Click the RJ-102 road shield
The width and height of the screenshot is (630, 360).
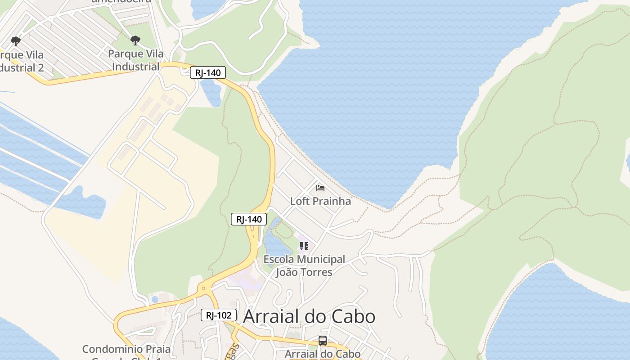tap(218, 315)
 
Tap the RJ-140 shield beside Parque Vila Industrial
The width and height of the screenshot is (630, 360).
tap(207, 72)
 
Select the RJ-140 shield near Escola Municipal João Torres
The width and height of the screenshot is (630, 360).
tap(249, 219)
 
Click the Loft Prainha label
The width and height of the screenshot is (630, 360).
tap(320, 201)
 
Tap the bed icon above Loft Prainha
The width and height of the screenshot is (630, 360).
tap(320, 188)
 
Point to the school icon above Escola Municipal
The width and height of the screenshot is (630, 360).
tap(304, 246)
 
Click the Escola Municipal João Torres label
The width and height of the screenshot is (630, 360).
tap(304, 265)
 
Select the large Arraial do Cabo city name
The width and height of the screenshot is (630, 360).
tap(309, 316)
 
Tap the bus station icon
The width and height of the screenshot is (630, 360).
tap(322, 341)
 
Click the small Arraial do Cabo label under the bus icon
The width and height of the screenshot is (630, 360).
tap(323, 354)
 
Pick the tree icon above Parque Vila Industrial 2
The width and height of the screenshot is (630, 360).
tap(16, 42)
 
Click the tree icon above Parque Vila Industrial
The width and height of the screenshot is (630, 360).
tap(135, 41)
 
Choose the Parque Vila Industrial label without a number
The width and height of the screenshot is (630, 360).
tap(135, 60)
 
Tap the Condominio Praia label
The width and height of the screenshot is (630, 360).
tap(126, 349)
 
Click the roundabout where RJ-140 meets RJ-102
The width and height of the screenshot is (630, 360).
tap(203, 288)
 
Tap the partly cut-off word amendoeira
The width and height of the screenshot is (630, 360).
tap(121, 1)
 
